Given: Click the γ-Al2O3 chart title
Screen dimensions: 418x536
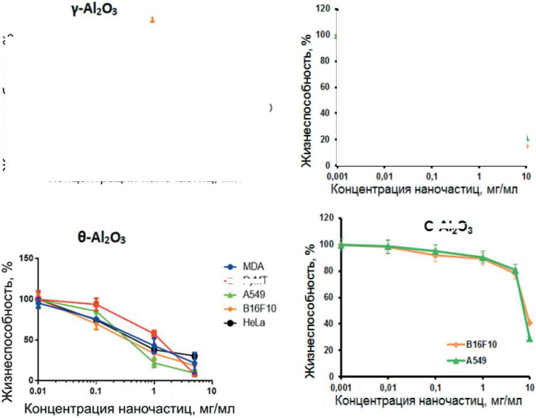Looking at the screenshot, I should point(91,10).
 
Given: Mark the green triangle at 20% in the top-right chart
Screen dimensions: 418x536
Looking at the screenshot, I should point(528,138).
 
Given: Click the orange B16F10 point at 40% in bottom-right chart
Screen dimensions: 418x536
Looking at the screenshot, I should point(529,323).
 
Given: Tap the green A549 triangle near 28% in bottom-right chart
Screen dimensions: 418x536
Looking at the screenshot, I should point(529,339).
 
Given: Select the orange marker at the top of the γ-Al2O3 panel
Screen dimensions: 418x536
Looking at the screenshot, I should point(153,20).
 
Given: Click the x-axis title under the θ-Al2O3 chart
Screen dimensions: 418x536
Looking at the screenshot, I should point(128,410).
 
